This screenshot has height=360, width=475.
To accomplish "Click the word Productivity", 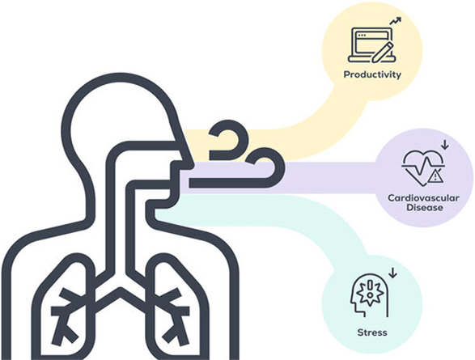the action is [x=372, y=74].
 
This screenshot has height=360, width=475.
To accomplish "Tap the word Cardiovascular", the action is [x=423, y=198].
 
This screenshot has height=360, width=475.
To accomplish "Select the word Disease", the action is [x=424, y=208].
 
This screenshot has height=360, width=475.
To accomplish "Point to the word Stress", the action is [x=372, y=332].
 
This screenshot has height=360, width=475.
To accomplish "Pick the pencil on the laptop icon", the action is [x=382, y=52].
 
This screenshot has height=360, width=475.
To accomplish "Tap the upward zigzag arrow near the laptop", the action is [x=396, y=21].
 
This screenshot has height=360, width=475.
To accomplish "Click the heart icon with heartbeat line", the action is [x=423, y=167].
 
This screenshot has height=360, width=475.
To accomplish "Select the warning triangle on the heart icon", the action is [x=435, y=176].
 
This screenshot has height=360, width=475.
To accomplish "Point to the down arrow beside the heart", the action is [x=444, y=145].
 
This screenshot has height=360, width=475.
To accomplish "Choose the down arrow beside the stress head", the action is [x=392, y=273].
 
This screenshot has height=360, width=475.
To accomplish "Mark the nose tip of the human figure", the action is [x=192, y=165].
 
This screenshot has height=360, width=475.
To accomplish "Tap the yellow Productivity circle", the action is [x=372, y=51].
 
